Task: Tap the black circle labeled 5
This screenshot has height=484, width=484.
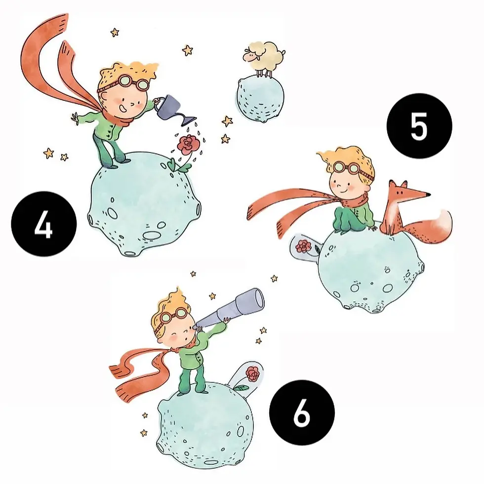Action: (x=419, y=126)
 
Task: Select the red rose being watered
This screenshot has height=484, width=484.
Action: (x=187, y=145)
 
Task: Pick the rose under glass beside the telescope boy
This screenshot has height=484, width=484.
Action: (x=252, y=374)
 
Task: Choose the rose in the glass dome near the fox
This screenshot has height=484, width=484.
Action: (x=303, y=245)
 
